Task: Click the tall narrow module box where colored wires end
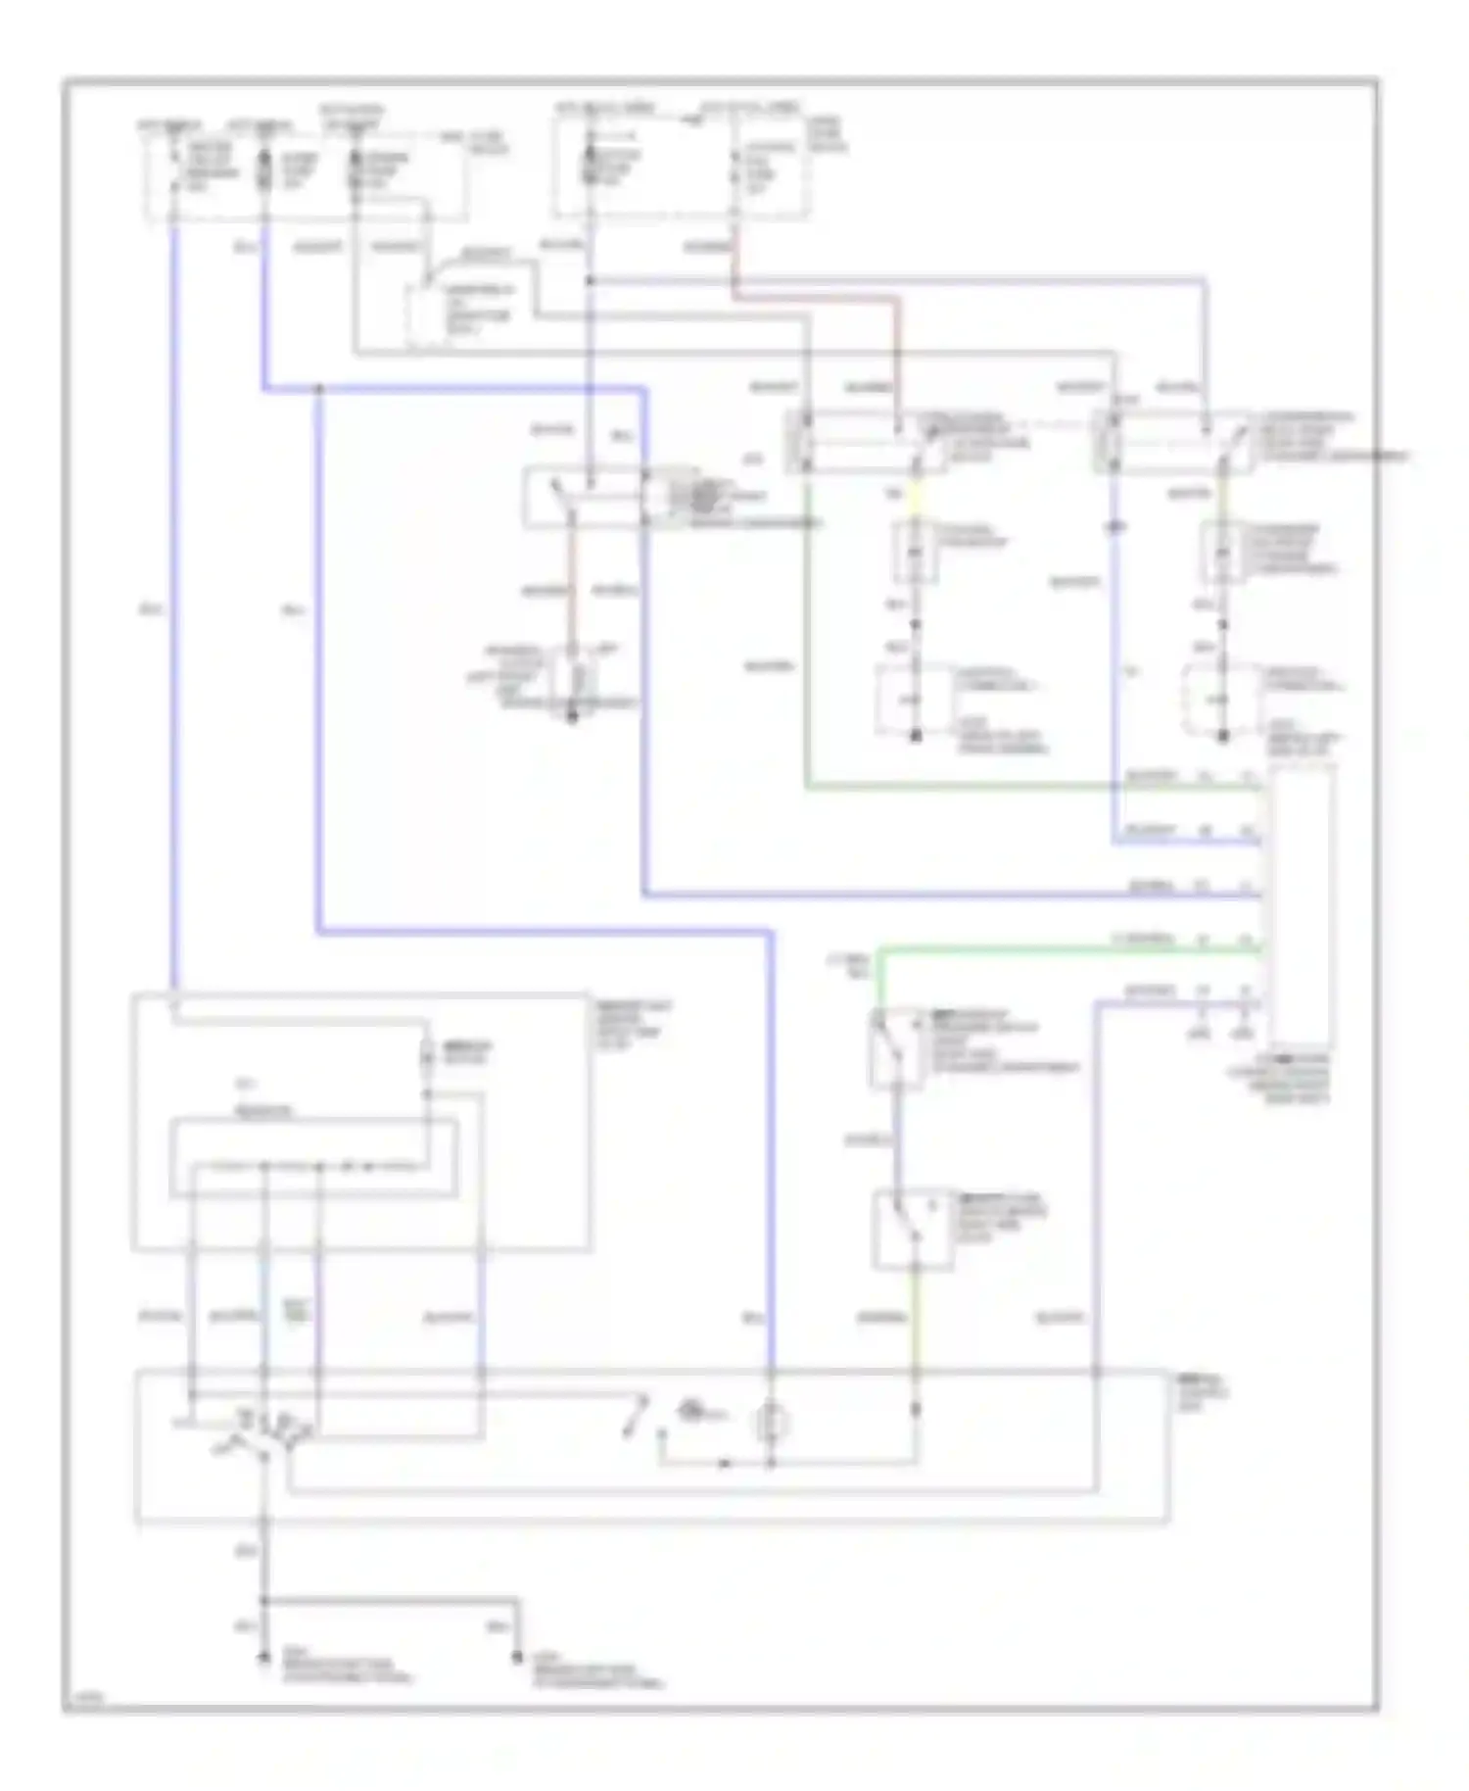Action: (1301, 906)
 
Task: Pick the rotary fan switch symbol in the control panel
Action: (262, 1434)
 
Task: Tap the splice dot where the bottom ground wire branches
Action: (262, 1601)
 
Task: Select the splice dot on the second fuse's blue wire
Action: (318, 390)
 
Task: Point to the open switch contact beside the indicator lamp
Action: (636, 1418)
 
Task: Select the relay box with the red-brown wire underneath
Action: (584, 499)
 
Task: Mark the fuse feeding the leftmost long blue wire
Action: (173, 169)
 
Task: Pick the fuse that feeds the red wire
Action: (734, 169)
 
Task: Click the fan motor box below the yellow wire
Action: (915, 552)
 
